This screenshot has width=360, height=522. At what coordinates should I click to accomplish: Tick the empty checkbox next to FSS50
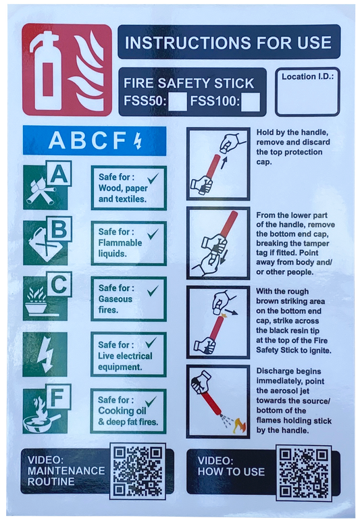click(x=177, y=102)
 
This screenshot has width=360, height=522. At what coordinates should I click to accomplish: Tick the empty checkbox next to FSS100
click(x=250, y=102)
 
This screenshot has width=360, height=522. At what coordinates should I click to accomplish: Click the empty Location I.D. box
click(x=307, y=92)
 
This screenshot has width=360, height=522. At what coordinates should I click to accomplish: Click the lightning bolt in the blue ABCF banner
click(x=138, y=140)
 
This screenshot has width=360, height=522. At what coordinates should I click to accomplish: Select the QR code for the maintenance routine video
click(x=138, y=471)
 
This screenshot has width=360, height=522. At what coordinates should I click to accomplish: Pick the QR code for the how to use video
click(x=303, y=473)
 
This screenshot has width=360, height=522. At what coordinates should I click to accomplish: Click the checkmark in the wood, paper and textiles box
click(x=153, y=178)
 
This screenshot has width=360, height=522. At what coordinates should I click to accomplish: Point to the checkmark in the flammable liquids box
click(x=153, y=234)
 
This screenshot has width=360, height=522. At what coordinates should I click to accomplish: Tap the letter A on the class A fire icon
click(x=59, y=174)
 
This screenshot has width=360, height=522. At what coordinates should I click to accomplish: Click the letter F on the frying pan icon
click(x=58, y=397)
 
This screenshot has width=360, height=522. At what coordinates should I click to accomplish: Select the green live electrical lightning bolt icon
click(x=45, y=355)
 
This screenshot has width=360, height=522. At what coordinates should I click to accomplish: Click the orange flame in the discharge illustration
click(x=239, y=426)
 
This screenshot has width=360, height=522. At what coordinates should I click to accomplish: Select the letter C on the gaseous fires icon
click(x=59, y=285)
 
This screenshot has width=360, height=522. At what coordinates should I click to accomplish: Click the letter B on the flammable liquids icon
click(x=59, y=229)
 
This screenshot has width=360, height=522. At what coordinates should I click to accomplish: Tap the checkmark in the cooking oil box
click(x=151, y=401)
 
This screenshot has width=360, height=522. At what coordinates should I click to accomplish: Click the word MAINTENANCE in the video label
click(x=66, y=471)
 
